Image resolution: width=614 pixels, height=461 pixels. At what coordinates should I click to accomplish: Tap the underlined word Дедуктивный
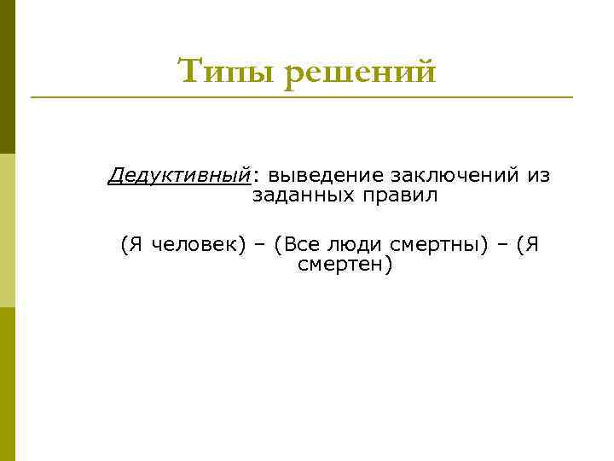[180, 176]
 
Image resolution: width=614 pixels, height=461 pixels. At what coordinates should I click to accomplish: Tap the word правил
[400, 195]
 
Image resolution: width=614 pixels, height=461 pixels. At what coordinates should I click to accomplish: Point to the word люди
[354, 245]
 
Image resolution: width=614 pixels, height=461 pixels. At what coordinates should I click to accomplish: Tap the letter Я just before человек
[136, 245]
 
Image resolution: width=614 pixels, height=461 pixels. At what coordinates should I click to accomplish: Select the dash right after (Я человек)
[260, 245]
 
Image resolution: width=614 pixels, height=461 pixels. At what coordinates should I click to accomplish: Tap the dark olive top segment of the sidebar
[8, 77]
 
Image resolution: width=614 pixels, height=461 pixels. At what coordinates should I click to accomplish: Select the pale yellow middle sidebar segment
[8, 230]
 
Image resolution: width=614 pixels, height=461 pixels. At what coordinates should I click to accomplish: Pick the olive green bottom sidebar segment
[8, 384]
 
